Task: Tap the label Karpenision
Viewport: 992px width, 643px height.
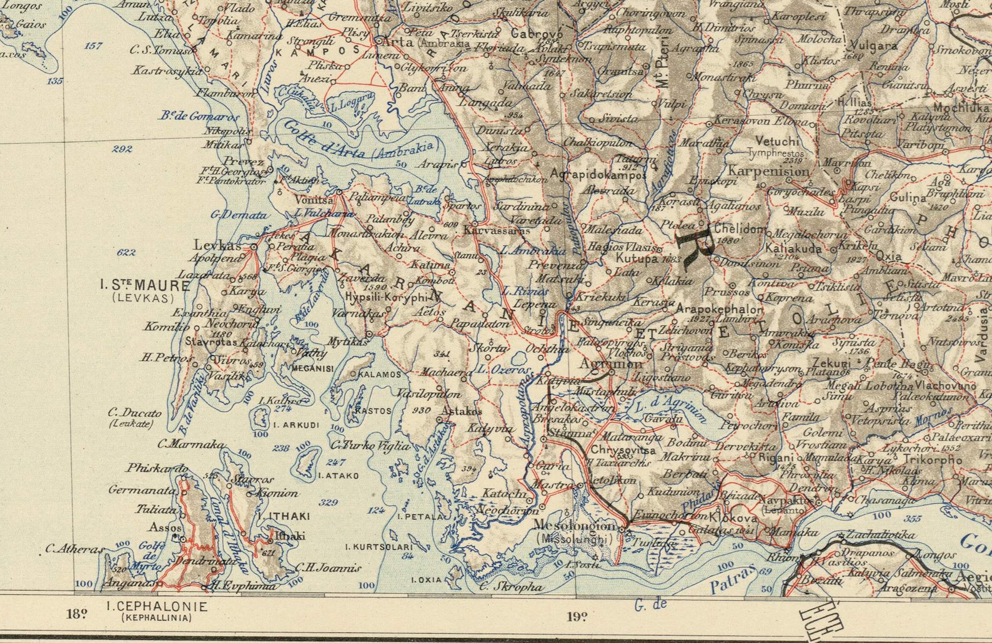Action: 768,170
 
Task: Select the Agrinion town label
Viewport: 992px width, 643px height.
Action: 610,364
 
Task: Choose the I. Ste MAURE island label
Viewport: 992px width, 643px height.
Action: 145,286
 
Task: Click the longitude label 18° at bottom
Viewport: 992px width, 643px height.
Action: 76,613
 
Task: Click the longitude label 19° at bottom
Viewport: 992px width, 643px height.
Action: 577,617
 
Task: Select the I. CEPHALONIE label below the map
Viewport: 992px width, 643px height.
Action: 156,606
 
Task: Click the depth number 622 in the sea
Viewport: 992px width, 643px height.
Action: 126,252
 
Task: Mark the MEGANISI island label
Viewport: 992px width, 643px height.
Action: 312,368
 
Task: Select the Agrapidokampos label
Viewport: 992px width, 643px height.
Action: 599,175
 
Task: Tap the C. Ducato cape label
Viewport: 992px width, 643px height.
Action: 134,413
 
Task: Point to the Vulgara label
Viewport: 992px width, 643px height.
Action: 873,46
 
